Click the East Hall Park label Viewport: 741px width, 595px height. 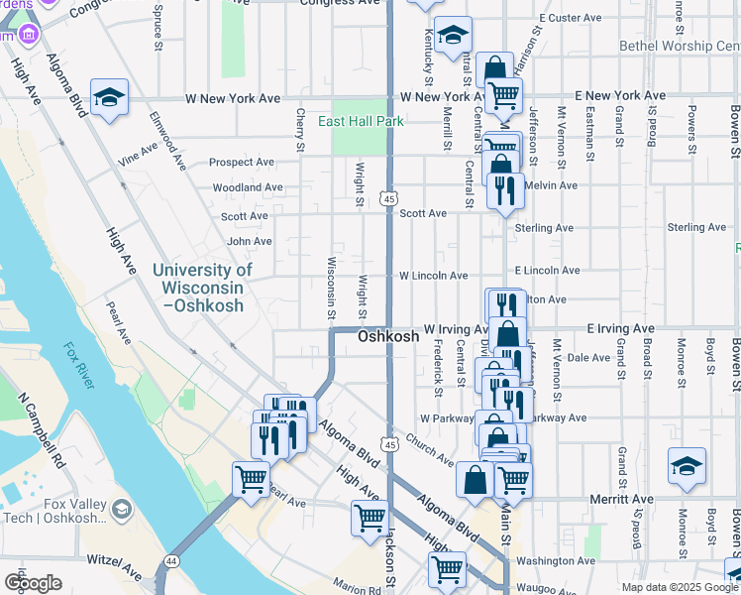(361, 121)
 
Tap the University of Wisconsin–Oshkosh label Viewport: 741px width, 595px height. (202, 288)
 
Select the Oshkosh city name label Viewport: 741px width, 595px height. (387, 337)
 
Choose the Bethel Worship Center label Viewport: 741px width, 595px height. (680, 46)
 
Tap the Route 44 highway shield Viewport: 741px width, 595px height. (172, 561)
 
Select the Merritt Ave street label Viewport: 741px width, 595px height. (621, 499)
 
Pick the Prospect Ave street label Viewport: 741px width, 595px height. (242, 162)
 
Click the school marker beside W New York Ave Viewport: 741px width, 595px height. (109, 97)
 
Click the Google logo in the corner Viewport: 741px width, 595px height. (33, 582)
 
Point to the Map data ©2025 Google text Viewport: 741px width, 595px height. (680, 587)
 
